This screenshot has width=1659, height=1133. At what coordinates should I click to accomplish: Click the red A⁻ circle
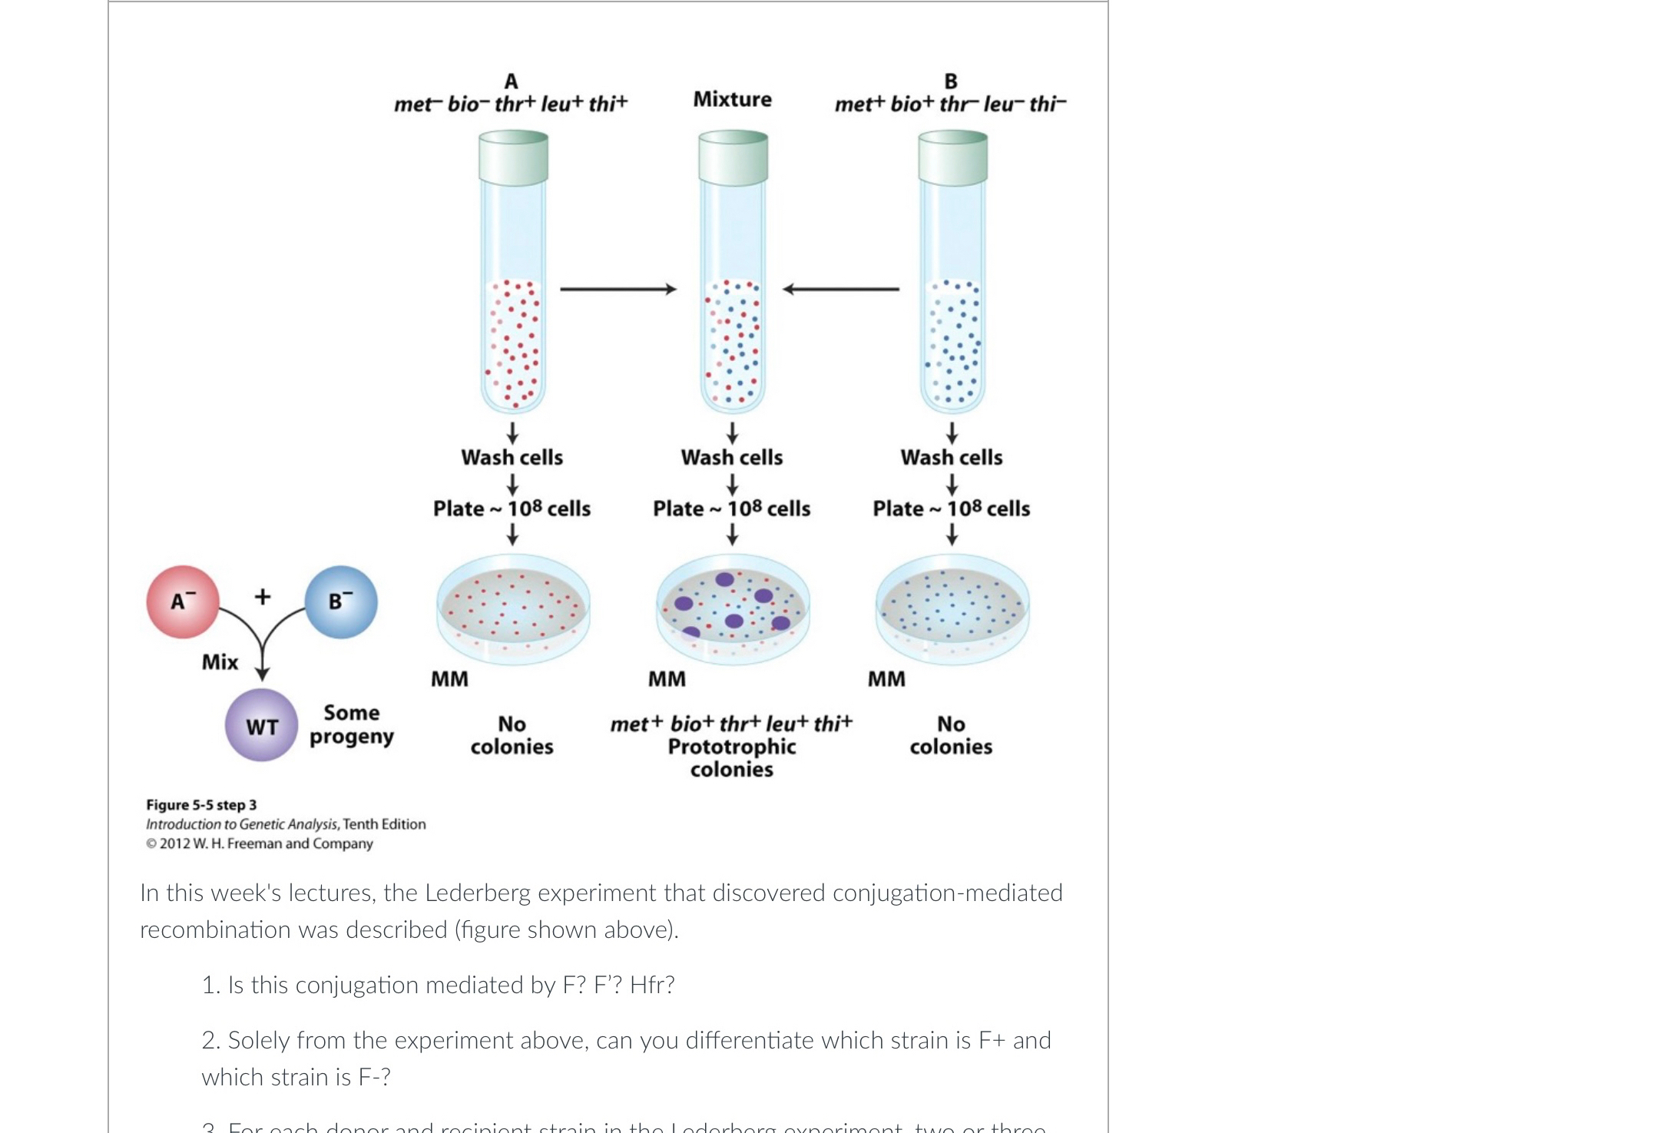tap(183, 602)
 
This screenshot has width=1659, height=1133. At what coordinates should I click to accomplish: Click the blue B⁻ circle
tap(341, 602)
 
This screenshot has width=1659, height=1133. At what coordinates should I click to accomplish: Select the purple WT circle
tap(261, 725)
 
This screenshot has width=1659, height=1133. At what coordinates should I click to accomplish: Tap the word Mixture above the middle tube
tap(732, 99)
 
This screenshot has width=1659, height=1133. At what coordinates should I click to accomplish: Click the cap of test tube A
tap(513, 157)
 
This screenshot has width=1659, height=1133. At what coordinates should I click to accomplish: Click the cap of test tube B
tap(952, 157)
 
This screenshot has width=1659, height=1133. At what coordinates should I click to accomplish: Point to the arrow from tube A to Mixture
tap(618, 289)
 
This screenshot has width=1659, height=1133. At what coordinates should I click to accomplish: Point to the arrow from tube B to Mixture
tap(841, 289)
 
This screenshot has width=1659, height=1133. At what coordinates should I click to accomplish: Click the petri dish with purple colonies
tap(733, 607)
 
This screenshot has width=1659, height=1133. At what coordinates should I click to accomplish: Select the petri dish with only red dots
tap(513, 607)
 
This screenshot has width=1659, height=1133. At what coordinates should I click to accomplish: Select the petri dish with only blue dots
tap(952, 607)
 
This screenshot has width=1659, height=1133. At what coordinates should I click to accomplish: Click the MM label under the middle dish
tap(667, 679)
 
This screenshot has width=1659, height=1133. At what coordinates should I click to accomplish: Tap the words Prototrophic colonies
tap(731, 757)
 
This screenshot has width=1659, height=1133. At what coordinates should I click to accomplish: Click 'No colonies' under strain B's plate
tap(951, 735)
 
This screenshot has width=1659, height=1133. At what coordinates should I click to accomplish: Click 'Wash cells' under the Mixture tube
tap(731, 457)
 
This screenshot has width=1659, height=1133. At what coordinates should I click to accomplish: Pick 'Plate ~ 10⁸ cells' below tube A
tap(512, 509)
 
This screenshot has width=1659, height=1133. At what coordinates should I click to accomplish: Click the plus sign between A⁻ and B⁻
tap(263, 596)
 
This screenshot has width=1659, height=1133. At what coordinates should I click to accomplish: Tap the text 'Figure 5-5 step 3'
tap(201, 805)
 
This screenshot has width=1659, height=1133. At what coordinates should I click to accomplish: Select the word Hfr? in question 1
tap(652, 985)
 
